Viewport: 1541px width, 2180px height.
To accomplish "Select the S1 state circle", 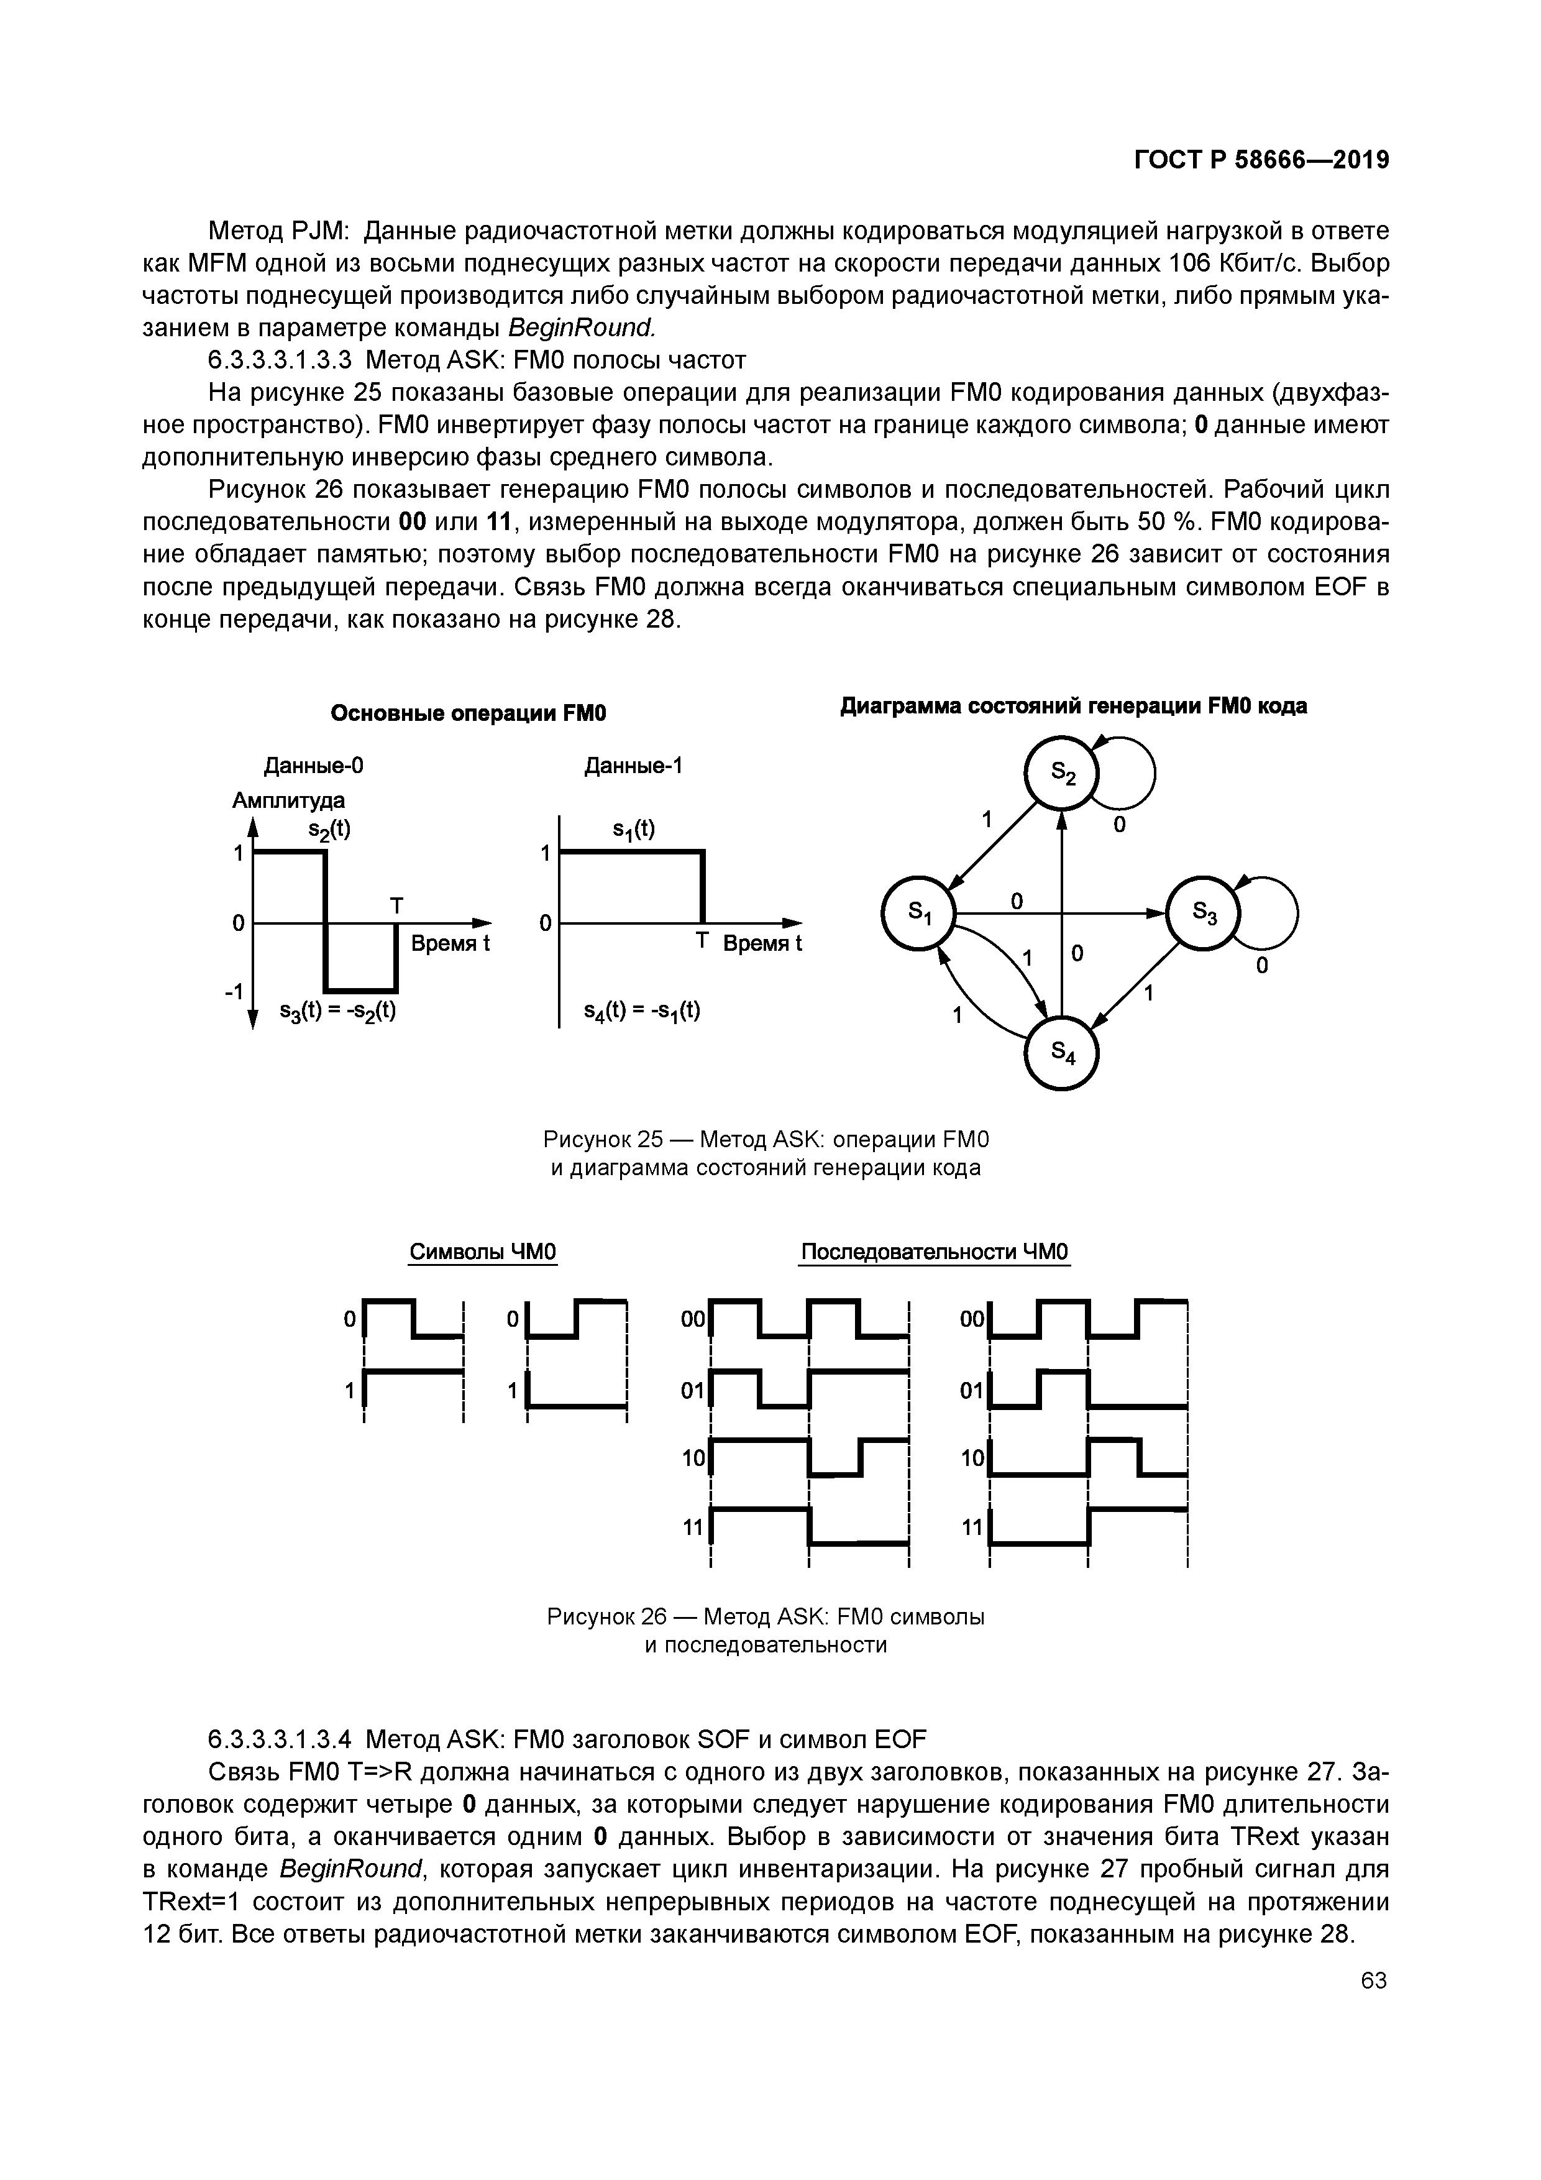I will click(x=919, y=914).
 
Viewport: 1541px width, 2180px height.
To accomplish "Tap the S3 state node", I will click(x=1203, y=914).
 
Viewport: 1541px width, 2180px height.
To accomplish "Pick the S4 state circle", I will click(x=1061, y=1052).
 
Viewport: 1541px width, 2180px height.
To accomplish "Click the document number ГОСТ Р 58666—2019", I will click(x=1262, y=160).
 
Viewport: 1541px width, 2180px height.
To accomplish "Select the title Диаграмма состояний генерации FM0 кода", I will click(x=1074, y=707).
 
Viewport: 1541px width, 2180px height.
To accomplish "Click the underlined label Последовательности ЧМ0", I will click(x=935, y=1252).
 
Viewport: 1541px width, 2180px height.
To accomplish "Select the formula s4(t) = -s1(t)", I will click(x=642, y=1010).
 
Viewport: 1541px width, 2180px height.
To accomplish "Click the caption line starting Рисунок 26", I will click(x=766, y=1615).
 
